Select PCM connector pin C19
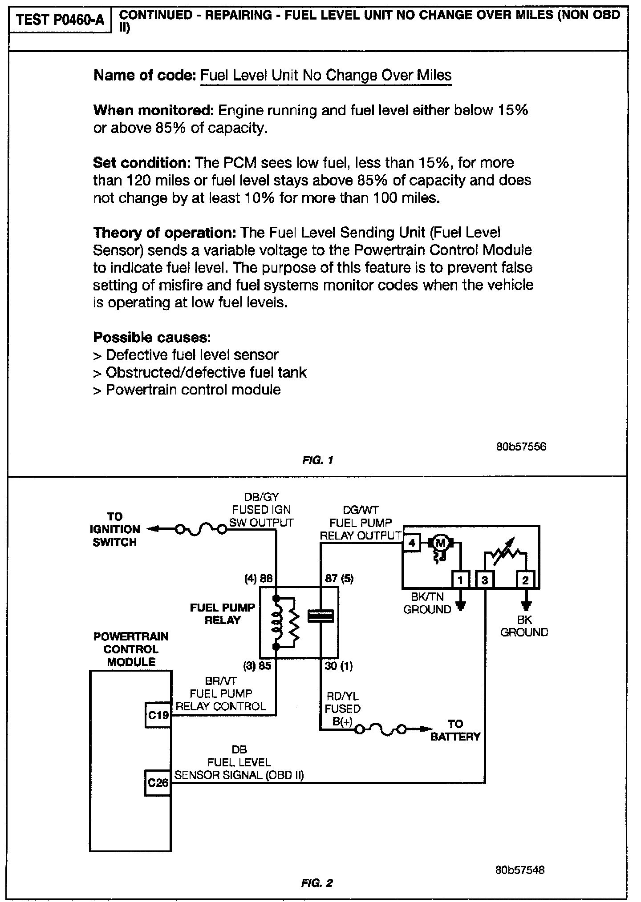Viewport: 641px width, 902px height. [158, 715]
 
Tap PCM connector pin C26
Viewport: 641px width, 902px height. [158, 782]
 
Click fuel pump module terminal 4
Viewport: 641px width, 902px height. [411, 543]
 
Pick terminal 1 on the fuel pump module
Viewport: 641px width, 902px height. [461, 580]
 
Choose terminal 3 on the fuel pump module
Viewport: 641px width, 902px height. [485, 580]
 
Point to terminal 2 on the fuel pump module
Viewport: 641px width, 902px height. [526, 580]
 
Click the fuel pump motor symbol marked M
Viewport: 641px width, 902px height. [440, 543]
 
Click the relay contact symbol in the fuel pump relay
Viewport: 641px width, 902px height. [321, 617]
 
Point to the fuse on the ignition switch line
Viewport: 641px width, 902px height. [201, 529]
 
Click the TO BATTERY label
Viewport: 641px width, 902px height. [455, 730]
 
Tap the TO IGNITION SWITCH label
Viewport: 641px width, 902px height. [114, 529]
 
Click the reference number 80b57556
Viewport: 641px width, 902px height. [521, 446]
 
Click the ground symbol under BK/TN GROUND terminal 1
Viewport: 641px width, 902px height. [461, 606]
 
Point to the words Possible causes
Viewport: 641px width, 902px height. [152, 338]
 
